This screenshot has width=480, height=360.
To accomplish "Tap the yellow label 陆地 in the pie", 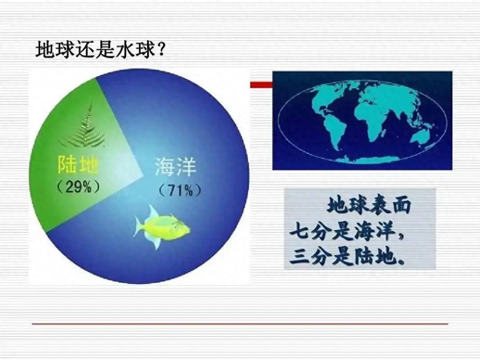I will pyautogui.click(x=78, y=166).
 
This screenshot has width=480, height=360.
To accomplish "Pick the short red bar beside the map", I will pyautogui.click(x=261, y=84).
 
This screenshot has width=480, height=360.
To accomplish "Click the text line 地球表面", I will pyautogui.click(x=369, y=206).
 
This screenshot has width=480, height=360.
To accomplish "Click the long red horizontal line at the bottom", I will pyautogui.click(x=240, y=324).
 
